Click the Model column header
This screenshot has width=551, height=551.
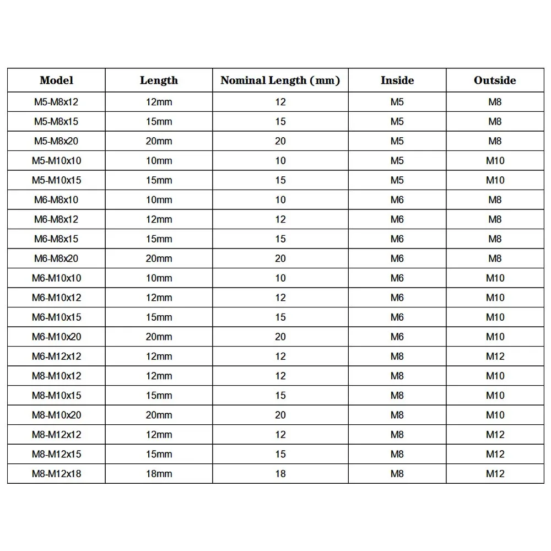[x=56, y=80]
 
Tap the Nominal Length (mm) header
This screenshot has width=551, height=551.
[x=280, y=80]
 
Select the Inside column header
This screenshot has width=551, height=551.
[x=397, y=80]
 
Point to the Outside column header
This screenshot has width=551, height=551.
[x=495, y=80]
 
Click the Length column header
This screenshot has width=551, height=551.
[x=159, y=80]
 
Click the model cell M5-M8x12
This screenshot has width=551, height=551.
[x=56, y=102]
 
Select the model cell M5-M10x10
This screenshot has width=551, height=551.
[x=56, y=161]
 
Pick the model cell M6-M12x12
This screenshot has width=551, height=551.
[x=56, y=356]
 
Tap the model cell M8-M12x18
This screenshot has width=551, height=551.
[x=56, y=474]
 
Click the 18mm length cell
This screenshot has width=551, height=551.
[x=159, y=474]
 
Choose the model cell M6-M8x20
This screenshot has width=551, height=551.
[x=56, y=258]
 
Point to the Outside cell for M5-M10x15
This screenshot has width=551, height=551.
[x=495, y=180]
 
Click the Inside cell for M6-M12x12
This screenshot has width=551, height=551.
[x=397, y=356]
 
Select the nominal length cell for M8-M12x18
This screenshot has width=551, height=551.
[x=280, y=474]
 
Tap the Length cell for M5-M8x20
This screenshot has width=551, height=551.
[x=159, y=141]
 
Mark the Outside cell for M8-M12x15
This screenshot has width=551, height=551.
[x=495, y=454]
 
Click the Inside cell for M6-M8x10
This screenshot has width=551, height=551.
[x=397, y=200]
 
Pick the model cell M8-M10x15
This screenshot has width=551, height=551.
[x=56, y=396]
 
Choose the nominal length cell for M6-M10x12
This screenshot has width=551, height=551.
[x=280, y=298]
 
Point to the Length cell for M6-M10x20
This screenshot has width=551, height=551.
[x=159, y=337]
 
